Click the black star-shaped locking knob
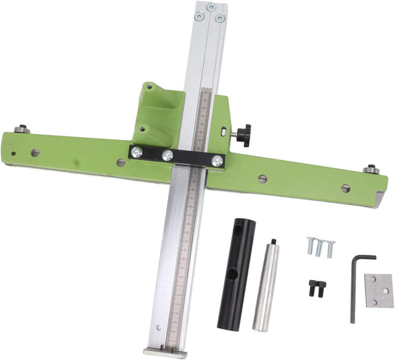(x=242, y=135)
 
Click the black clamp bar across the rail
(x=176, y=156)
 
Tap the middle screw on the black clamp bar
(x=168, y=156)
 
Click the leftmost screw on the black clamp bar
(x=137, y=152)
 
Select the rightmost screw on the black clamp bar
(x=216, y=159)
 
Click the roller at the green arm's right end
(x=371, y=170)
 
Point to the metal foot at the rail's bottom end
(x=165, y=351)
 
